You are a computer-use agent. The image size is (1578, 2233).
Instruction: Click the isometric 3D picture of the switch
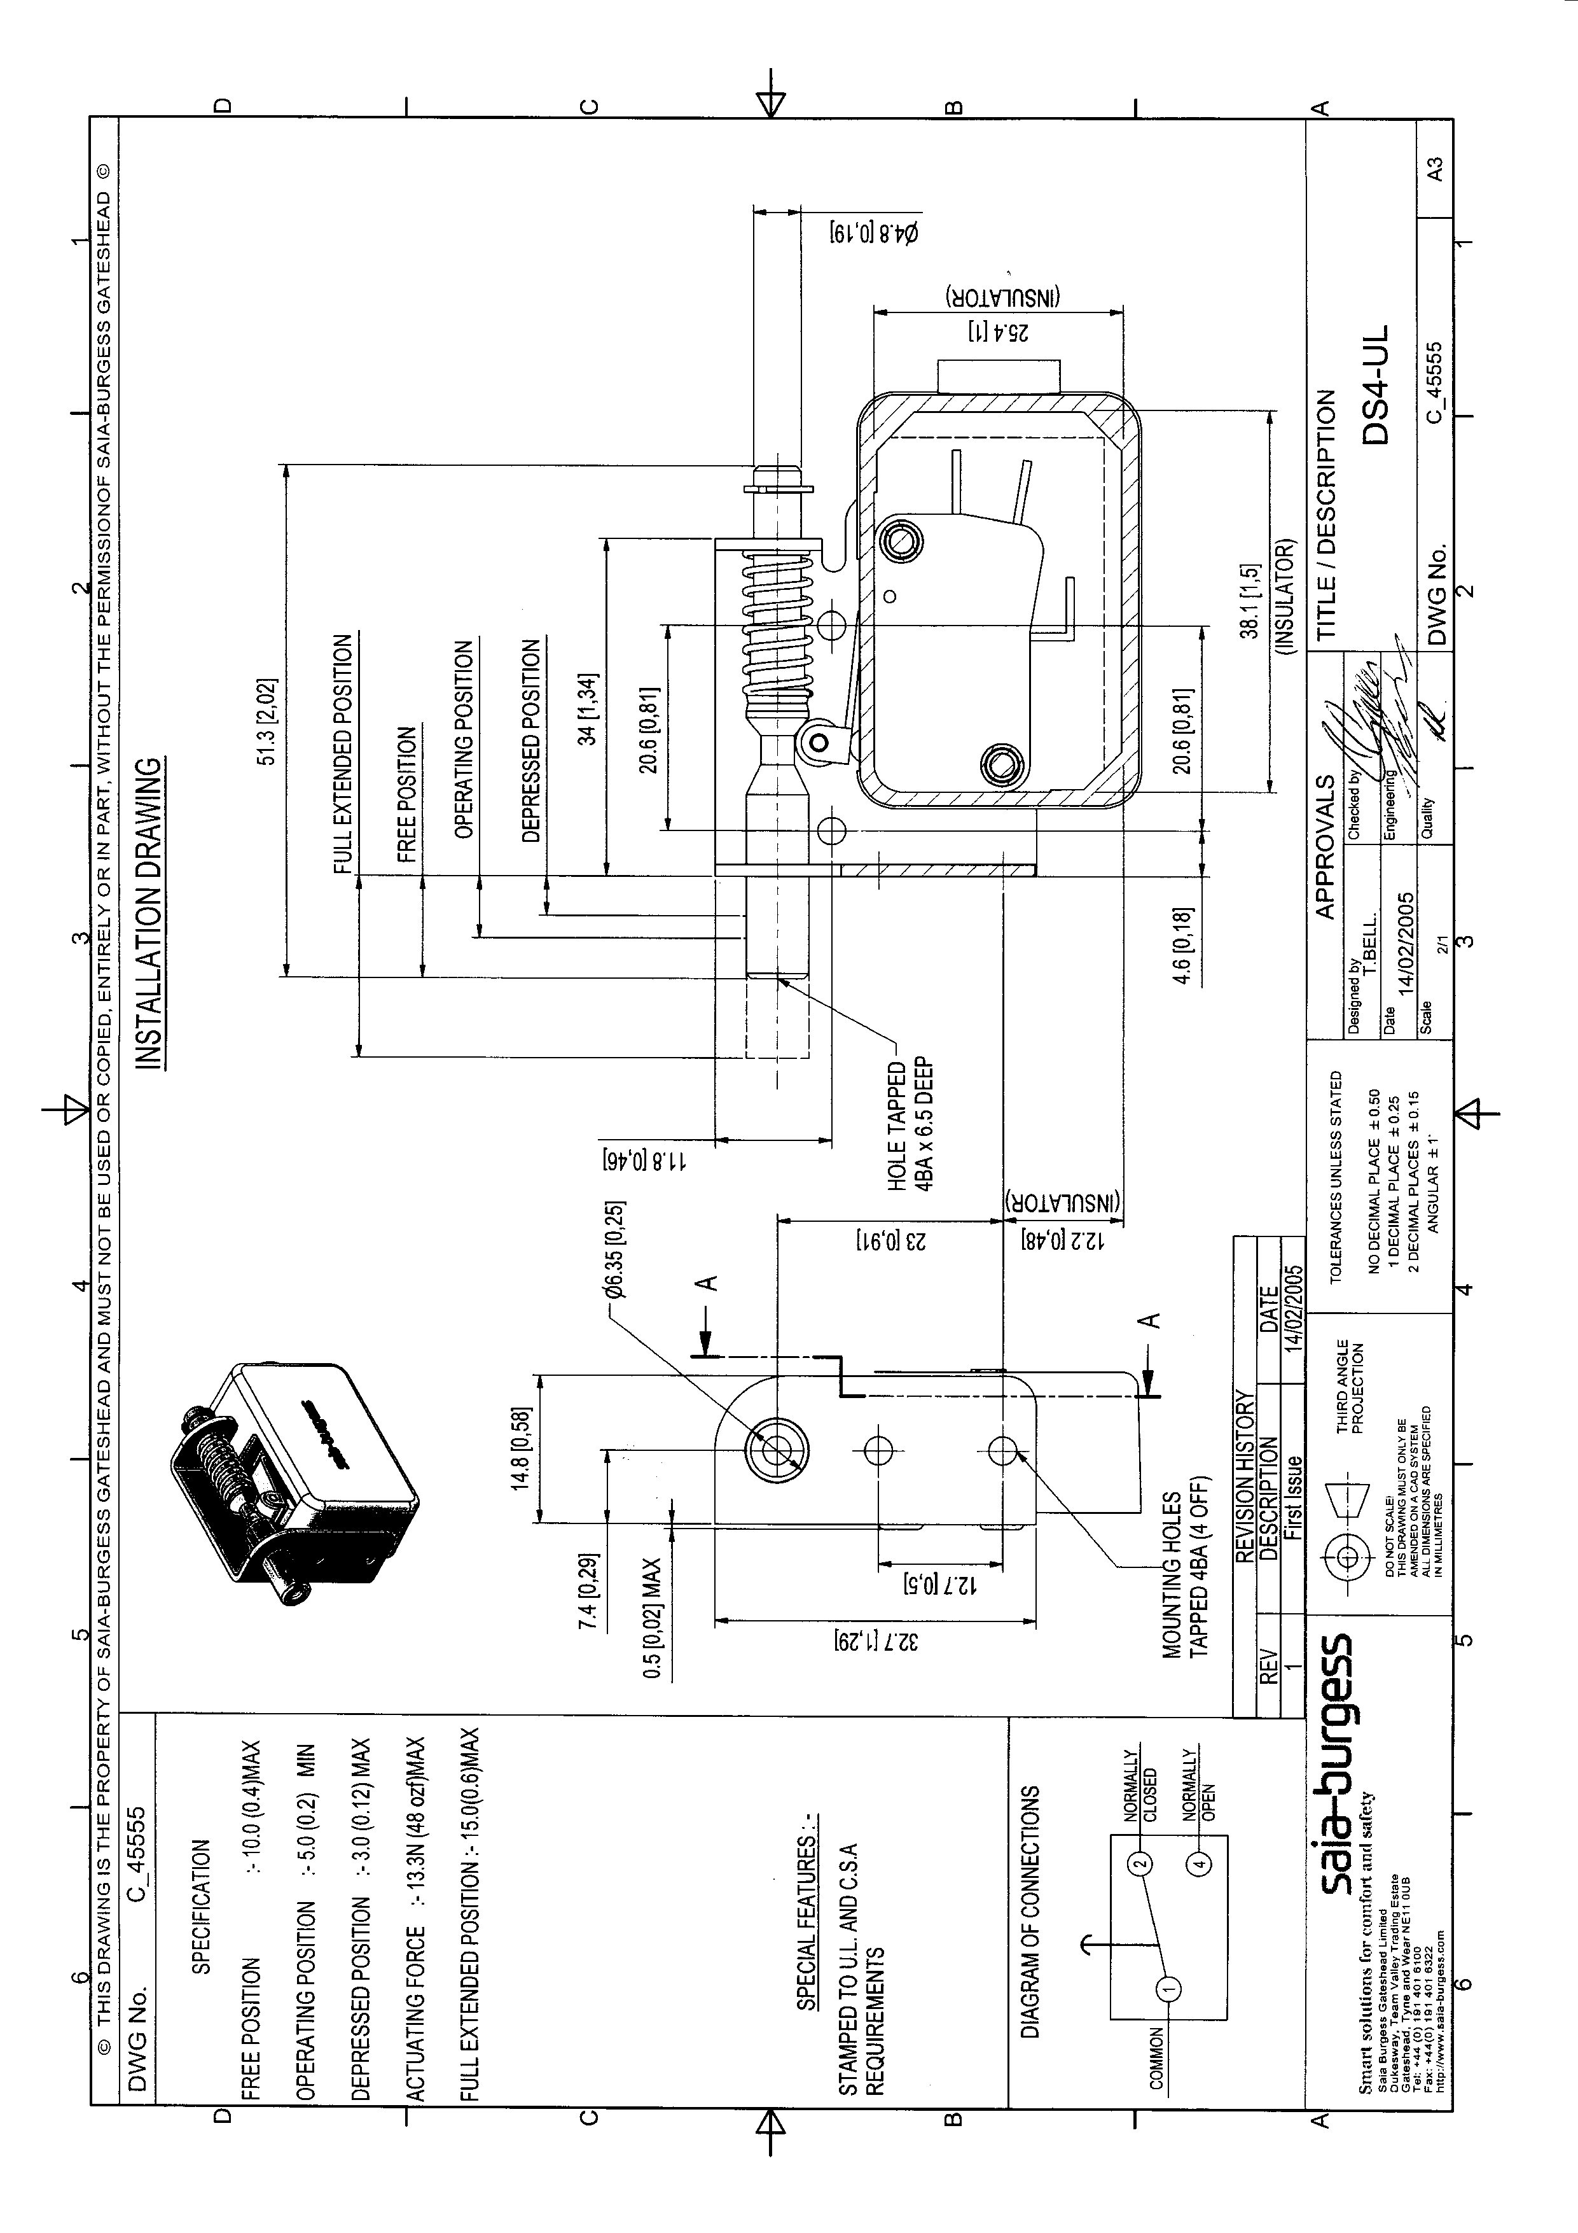pyautogui.click(x=292, y=1478)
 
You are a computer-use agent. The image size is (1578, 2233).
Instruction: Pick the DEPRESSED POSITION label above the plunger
pyautogui.click(x=531, y=739)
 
